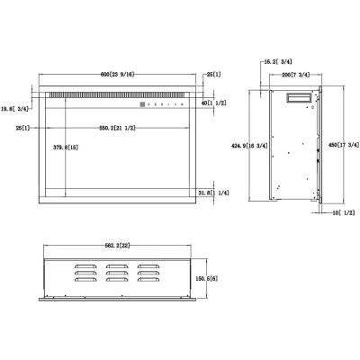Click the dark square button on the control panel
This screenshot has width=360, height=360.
click(x=141, y=104)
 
